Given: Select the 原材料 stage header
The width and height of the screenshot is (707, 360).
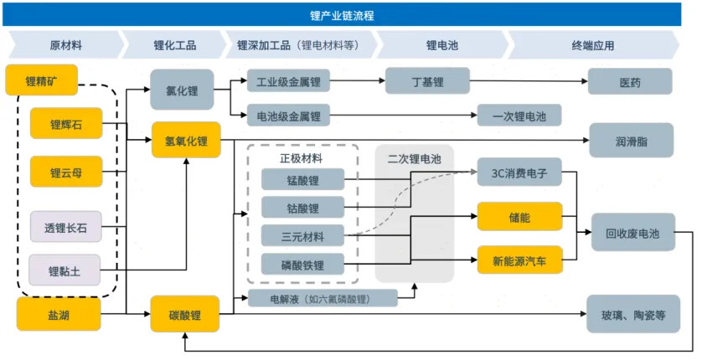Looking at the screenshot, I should (65, 45).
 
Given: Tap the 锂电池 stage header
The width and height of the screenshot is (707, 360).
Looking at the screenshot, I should (441, 45).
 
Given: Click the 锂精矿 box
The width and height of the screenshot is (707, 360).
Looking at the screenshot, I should (41, 80).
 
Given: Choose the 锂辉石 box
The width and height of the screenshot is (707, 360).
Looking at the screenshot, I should (65, 125).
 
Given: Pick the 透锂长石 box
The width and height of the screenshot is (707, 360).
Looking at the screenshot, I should (65, 226).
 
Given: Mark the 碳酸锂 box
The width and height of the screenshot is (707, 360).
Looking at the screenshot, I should (185, 315).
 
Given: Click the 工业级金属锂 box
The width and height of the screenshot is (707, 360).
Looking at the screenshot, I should (288, 81).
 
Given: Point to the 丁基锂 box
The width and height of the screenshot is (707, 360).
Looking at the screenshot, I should (427, 81).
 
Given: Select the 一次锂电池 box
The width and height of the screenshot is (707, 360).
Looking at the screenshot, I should (519, 116).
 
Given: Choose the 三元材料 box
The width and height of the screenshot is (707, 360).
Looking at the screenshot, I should (302, 235).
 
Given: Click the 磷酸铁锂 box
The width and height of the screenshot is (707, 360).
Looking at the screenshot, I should (302, 265).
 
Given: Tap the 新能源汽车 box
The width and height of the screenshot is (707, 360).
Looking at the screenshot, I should (519, 261).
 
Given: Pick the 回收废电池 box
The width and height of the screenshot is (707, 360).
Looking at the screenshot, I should (632, 234).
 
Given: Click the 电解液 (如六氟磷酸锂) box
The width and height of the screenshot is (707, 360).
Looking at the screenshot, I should (321, 298).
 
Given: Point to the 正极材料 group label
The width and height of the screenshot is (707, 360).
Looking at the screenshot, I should (301, 157).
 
